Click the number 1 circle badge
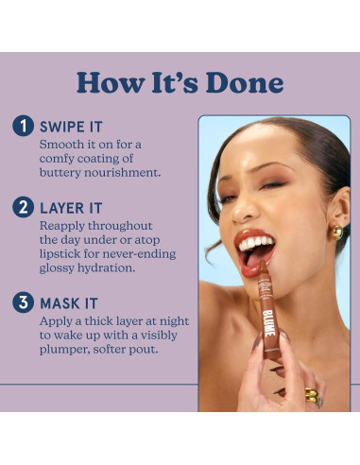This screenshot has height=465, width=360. (23, 126)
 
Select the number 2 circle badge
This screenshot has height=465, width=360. (23, 207)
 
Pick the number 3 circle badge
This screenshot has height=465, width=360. (23, 302)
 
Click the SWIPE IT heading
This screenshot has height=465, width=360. (71, 127)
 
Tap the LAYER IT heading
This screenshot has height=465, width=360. (71, 208)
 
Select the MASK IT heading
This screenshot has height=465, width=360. (69, 303)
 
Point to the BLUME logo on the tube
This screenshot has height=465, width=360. (268, 323)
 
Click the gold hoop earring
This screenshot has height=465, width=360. (337, 232)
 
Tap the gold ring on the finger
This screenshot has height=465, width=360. (312, 395)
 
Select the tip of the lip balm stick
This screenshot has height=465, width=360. (263, 263)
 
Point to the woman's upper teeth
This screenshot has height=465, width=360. (255, 243)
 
